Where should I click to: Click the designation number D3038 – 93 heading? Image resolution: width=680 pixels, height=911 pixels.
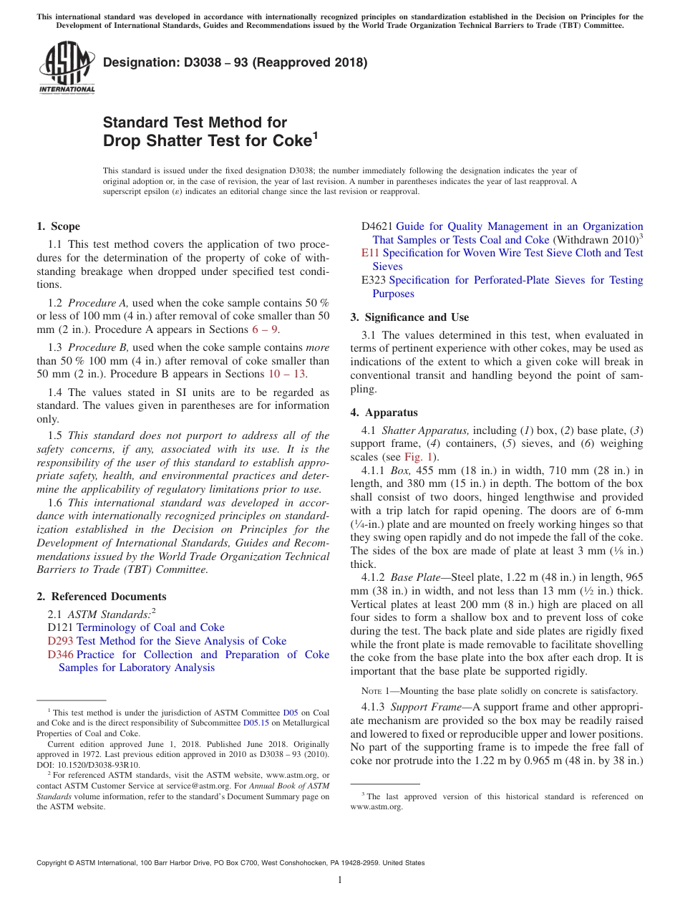tap(235, 62)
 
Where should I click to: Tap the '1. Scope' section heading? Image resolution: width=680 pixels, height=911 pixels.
tap(58, 226)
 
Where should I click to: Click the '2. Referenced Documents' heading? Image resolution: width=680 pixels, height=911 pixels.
tap(101, 597)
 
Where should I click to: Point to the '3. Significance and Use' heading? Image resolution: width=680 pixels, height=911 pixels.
tap(409, 317)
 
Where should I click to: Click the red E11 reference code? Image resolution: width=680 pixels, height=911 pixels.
tap(369, 253)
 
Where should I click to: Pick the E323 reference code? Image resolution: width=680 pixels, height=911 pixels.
tap(374, 280)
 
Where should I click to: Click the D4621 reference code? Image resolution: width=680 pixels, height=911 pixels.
tap(377, 226)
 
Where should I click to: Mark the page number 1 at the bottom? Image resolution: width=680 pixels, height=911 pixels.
tap(340, 880)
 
